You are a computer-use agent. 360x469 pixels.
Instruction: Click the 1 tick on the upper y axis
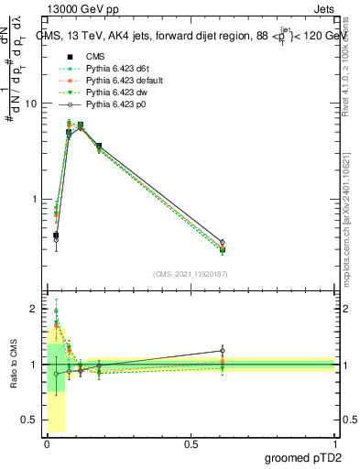(x=35, y=199)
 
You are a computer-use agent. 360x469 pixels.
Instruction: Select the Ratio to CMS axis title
(x=13, y=364)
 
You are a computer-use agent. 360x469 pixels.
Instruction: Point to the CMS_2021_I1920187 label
(x=191, y=274)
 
